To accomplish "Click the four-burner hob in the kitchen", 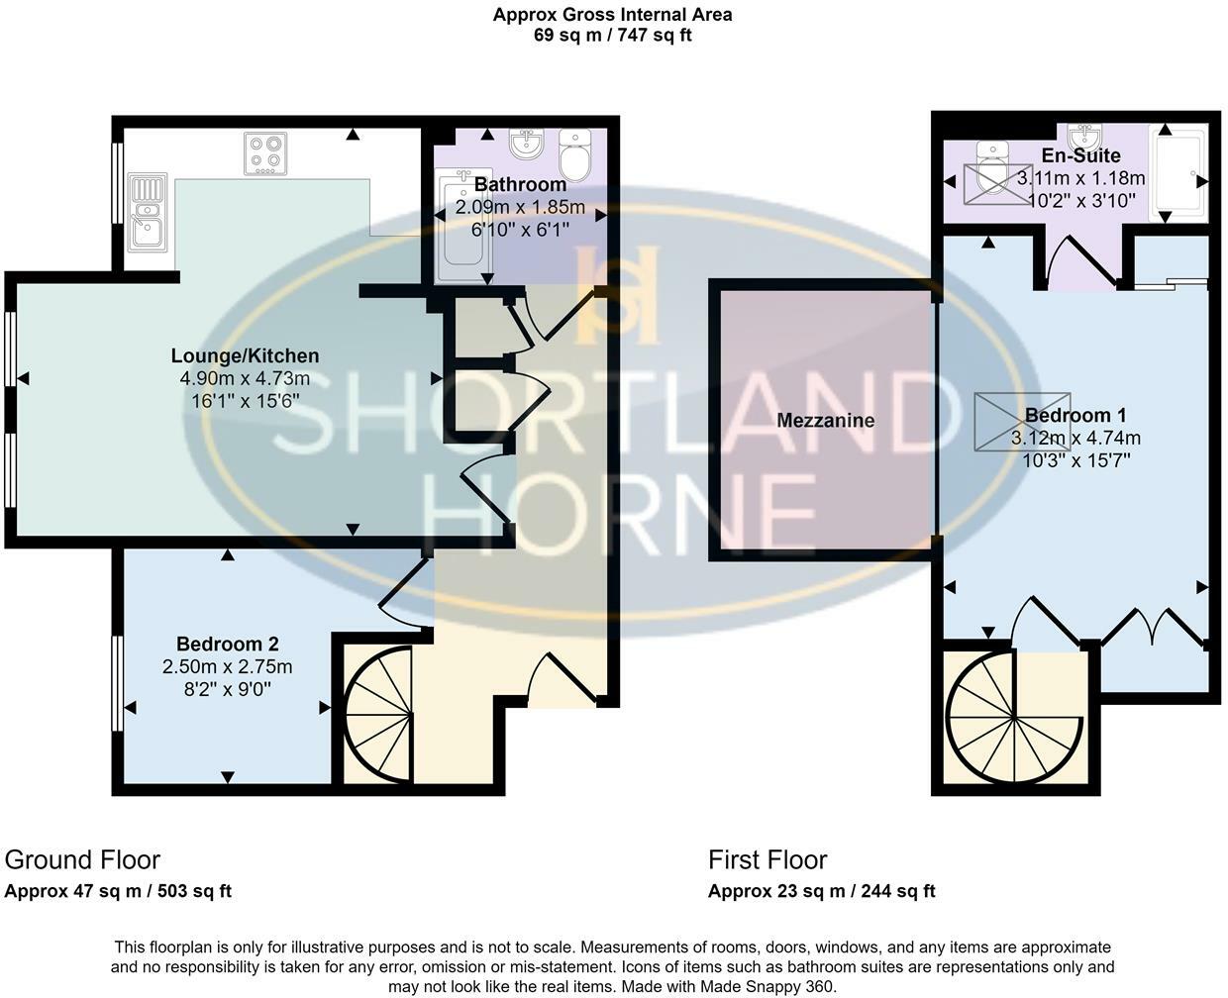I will (265, 153).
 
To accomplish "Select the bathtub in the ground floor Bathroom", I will (461, 223).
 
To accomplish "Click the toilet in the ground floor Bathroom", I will (573, 154).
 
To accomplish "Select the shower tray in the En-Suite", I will (1177, 171).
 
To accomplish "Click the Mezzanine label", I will (825, 421).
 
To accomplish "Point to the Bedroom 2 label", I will (227, 645).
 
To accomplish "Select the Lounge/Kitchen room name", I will (245, 355).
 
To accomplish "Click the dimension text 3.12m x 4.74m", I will (1075, 438).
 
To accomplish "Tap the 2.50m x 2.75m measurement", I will (227, 666).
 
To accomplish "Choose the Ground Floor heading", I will (82, 859).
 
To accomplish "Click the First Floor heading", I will (767, 859).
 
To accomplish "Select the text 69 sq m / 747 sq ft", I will (612, 36).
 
